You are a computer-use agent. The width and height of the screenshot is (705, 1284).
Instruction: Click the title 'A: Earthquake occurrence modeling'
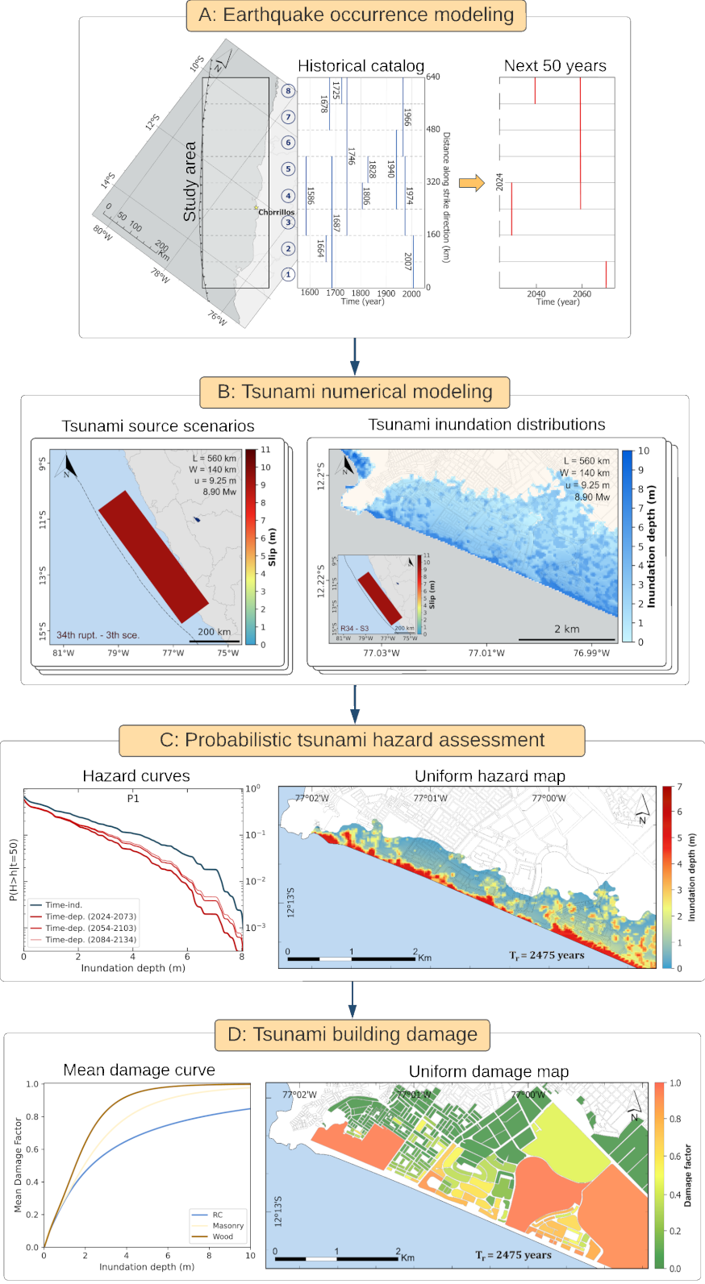click(356, 15)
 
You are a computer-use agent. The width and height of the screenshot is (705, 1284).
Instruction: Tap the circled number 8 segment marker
click(288, 90)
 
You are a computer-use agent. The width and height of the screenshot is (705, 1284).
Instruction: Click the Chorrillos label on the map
click(276, 212)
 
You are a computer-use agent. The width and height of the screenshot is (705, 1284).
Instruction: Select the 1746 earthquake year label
click(352, 156)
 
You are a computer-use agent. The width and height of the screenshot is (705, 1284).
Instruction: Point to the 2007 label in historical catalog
click(408, 260)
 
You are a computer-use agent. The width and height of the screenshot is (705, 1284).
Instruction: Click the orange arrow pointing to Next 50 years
click(471, 183)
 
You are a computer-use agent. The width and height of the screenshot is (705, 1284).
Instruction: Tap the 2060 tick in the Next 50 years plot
click(582, 294)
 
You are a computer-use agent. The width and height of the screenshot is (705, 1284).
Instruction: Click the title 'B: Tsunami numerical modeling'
click(355, 392)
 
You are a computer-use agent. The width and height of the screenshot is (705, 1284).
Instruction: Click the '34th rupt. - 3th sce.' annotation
click(98, 635)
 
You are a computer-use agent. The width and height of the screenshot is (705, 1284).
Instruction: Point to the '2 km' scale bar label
click(566, 629)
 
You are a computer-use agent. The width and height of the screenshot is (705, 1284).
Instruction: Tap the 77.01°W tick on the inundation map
click(486, 653)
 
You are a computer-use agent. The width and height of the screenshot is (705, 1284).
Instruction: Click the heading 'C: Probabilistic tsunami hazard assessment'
click(352, 740)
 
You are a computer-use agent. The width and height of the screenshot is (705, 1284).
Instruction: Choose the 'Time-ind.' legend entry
click(64, 905)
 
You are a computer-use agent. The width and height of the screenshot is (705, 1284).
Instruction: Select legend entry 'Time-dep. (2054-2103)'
click(90, 928)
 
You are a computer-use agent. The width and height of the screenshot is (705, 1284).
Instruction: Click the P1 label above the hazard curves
click(133, 798)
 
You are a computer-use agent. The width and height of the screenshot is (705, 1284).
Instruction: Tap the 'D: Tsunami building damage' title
click(352, 1034)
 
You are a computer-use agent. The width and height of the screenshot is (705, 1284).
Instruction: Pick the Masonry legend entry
click(227, 1225)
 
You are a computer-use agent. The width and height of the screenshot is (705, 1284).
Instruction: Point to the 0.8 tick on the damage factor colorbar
click(675, 1119)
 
